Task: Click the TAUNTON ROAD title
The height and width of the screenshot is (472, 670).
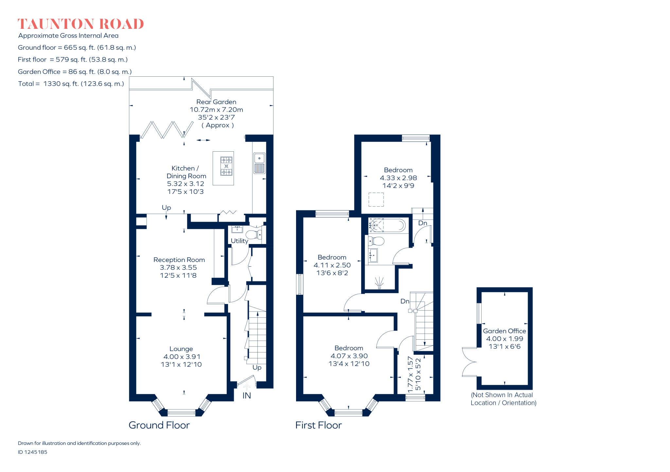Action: [80, 24]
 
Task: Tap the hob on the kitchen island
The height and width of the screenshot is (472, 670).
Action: [226, 166]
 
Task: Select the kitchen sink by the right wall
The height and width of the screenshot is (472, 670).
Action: [259, 163]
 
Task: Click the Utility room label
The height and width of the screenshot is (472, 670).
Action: [239, 241]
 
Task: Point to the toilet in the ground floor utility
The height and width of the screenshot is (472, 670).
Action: [254, 235]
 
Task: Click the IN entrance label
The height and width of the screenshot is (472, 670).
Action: [247, 396]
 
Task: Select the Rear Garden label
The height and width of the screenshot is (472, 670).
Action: [216, 102]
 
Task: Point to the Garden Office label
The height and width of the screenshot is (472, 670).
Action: [504, 331]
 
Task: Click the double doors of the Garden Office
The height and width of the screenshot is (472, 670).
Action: [468, 362]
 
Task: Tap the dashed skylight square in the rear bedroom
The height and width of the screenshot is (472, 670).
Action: [376, 199]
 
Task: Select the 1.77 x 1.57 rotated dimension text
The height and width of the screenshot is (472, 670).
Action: [410, 375]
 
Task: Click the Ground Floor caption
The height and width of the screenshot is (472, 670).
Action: [159, 425]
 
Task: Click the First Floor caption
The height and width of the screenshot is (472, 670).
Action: [318, 425]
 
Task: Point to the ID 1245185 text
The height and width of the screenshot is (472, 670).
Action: [32, 452]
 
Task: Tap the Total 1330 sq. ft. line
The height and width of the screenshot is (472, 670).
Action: [71, 84]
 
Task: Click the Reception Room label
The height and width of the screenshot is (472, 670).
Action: [179, 260]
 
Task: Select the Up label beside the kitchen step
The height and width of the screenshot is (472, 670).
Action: [166, 208]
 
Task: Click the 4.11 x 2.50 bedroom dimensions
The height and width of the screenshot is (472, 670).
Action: [332, 265]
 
